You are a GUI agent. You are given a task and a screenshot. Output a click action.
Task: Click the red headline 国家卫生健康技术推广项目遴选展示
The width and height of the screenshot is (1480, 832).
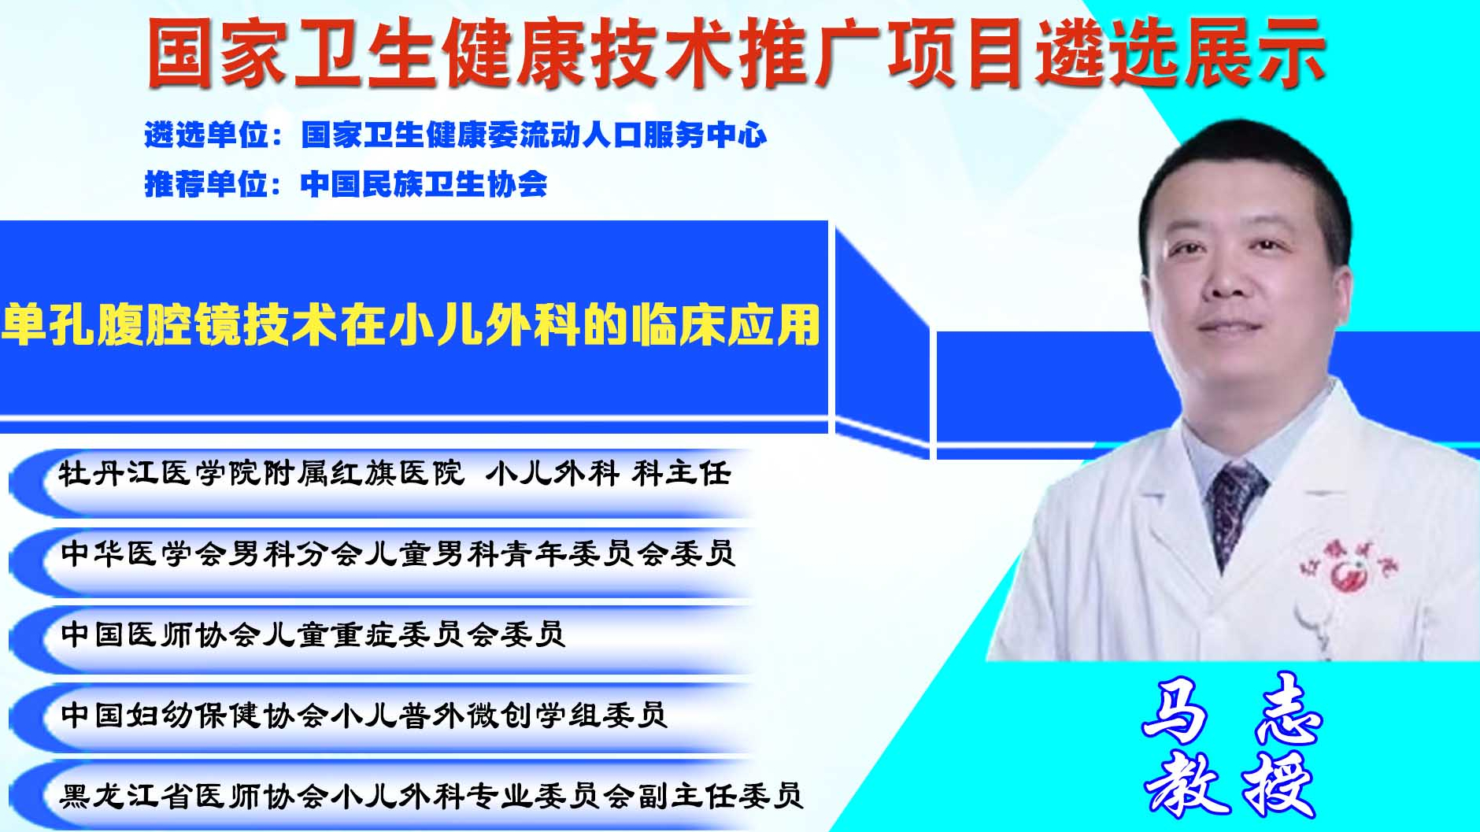tap(737, 53)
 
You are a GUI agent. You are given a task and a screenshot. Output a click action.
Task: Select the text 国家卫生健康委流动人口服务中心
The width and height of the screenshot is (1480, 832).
tap(534, 135)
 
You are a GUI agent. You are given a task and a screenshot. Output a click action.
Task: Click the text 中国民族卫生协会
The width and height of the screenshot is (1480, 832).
tap(424, 184)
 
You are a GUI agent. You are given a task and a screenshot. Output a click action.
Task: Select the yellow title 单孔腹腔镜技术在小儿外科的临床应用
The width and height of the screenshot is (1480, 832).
tap(411, 324)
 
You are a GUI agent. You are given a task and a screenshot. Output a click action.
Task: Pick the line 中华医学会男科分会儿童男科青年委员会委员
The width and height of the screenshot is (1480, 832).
tap(398, 553)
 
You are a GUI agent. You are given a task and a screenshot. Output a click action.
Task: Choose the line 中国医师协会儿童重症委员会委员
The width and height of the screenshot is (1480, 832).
tap(313, 634)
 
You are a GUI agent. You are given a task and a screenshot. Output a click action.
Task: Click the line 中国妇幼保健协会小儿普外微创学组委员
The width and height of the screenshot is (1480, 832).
tap(364, 715)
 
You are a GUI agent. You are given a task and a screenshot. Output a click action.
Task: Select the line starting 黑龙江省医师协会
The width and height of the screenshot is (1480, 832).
tap(431, 796)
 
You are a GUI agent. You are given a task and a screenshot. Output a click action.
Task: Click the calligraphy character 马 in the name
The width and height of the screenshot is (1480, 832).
tap(1175, 711)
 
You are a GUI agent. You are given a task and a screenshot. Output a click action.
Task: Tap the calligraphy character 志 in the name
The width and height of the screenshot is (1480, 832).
tap(1289, 709)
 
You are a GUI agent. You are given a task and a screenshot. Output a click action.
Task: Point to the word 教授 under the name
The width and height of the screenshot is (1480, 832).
tap(1230, 784)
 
